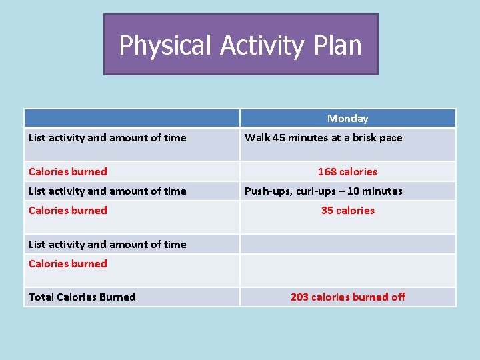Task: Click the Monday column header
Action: pyautogui.click(x=347, y=119)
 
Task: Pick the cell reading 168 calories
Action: pyautogui.click(x=347, y=171)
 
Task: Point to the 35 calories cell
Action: pyautogui.click(x=347, y=211)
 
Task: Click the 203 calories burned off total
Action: pyautogui.click(x=347, y=297)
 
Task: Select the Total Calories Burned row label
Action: pyautogui.click(x=82, y=297)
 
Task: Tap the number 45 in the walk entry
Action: pyautogui.click(x=279, y=138)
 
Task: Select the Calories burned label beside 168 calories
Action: pyautogui.click(x=67, y=171)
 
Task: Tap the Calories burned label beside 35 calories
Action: pyautogui.click(x=67, y=211)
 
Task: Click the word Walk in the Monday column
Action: pyautogui.click(x=257, y=138)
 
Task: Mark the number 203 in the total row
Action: pyautogui.click(x=299, y=297)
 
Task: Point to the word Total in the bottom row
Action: pyautogui.click(x=41, y=297)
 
